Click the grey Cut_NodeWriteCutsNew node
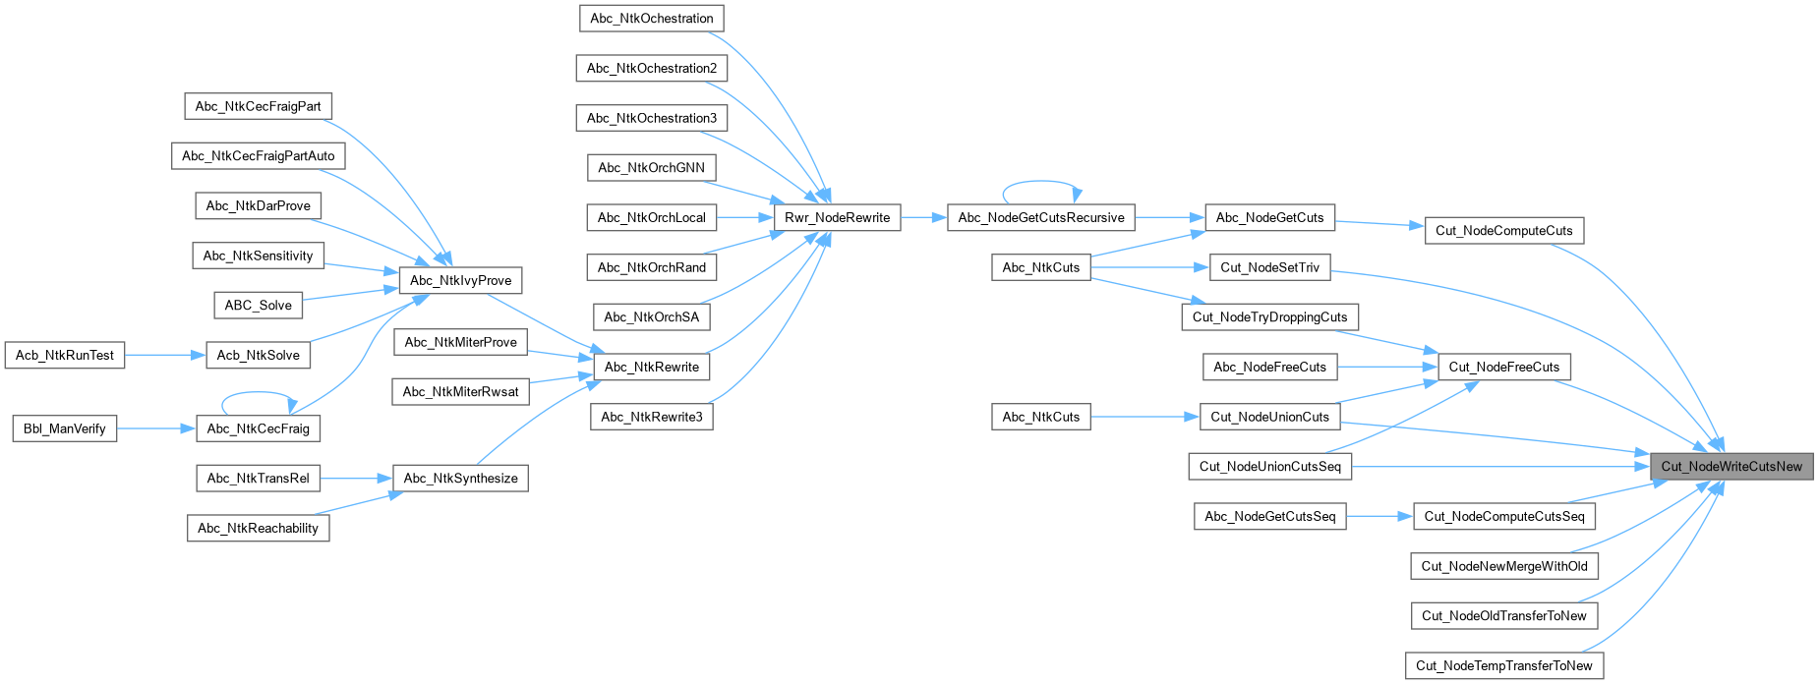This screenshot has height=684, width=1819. [1731, 467]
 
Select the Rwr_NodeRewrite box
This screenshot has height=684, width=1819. [837, 218]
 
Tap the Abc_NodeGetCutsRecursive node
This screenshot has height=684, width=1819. [1040, 218]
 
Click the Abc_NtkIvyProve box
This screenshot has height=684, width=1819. [460, 281]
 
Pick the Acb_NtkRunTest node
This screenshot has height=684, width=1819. [65, 356]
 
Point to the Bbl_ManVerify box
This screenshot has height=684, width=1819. [65, 429]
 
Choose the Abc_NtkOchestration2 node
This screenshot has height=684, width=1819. [651, 69]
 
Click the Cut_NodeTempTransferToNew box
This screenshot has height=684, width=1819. [1503, 666]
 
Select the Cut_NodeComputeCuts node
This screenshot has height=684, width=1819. [1503, 231]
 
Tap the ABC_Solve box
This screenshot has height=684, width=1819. [258, 306]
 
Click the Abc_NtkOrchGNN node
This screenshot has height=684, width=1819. [651, 168]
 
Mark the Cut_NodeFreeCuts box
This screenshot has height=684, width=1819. [1503, 368]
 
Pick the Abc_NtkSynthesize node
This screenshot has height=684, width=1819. [460, 479]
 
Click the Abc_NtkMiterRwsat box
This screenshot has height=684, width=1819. [460, 392]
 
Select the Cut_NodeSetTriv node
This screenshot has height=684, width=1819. [1269, 267]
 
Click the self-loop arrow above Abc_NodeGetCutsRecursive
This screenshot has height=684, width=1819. [1040, 182]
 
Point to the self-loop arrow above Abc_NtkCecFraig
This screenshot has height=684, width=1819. [258, 393]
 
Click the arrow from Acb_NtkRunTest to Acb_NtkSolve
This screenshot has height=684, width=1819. [165, 356]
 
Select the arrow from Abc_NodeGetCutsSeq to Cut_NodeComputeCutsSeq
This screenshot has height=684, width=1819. [1379, 516]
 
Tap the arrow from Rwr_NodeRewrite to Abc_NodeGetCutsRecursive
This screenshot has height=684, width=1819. [923, 218]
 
